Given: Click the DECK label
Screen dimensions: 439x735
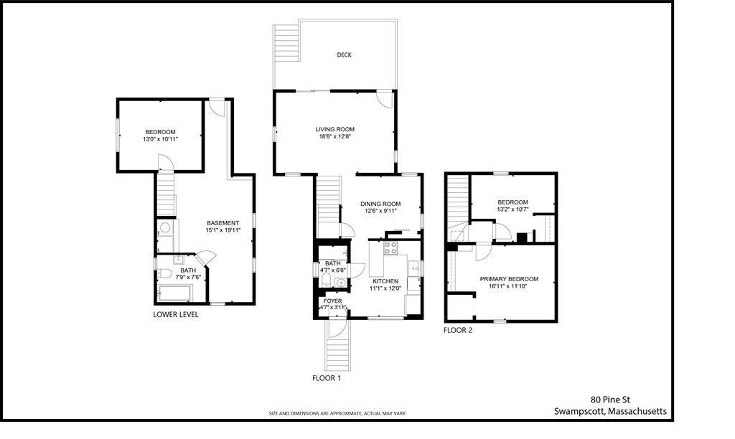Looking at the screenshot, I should [x=344, y=55].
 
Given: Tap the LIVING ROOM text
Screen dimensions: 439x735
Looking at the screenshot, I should [x=335, y=129].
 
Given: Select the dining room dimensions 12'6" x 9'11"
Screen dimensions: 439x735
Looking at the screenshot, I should [x=380, y=212].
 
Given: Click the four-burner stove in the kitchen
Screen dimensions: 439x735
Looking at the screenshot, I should [x=392, y=249].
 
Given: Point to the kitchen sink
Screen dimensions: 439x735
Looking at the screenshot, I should [x=413, y=269].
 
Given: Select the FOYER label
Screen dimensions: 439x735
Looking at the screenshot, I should [x=332, y=301].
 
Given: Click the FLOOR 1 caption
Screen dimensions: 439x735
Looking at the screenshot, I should [x=327, y=377].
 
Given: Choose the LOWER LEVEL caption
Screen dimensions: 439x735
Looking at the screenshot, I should [x=176, y=314].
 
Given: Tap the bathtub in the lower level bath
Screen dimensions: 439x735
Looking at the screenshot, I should [x=173, y=293].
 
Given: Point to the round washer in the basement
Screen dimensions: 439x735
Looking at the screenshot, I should [x=164, y=229].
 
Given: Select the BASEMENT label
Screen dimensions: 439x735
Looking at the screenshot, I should [x=223, y=222].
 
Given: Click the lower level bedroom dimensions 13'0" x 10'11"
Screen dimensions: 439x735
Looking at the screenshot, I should [x=160, y=139].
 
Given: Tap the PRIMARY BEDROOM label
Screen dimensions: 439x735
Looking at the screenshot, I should [x=509, y=279].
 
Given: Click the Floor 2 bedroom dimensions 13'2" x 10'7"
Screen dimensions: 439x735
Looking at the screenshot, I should [x=512, y=210].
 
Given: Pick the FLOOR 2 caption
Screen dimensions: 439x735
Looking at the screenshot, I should [x=458, y=331].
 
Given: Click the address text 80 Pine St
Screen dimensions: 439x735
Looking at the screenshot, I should [x=610, y=400].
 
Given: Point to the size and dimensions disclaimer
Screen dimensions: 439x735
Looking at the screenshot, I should [x=337, y=414].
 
